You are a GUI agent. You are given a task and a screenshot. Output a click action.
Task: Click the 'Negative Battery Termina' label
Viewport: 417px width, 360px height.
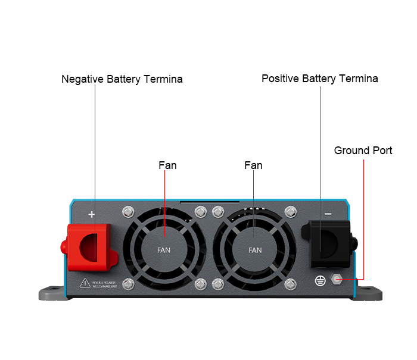122,79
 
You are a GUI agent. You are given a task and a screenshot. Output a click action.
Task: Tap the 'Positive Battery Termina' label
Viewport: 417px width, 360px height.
319,79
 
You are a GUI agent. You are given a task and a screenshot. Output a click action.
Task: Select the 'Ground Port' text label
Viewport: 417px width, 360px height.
363,151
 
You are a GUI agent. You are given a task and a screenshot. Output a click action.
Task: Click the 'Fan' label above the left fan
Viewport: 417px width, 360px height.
167,165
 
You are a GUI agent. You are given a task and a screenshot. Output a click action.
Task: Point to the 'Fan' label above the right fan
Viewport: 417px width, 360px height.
253,165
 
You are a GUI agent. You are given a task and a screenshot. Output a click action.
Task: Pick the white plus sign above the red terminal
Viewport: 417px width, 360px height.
92,214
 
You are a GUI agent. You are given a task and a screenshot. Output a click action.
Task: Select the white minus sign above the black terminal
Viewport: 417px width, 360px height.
327,213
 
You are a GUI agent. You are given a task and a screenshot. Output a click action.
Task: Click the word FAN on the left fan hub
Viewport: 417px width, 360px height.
163,250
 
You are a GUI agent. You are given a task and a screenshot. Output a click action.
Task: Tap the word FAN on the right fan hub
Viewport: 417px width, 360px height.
255,250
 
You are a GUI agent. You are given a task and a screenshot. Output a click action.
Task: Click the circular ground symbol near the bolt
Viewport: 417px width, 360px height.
320,278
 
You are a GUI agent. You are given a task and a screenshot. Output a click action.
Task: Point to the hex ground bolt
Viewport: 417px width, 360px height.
336,278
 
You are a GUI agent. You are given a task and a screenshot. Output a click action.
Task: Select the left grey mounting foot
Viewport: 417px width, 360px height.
52,293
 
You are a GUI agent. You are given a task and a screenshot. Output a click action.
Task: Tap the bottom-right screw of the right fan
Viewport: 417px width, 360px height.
291,284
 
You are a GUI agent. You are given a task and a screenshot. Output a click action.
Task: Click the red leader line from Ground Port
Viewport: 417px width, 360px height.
363,220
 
